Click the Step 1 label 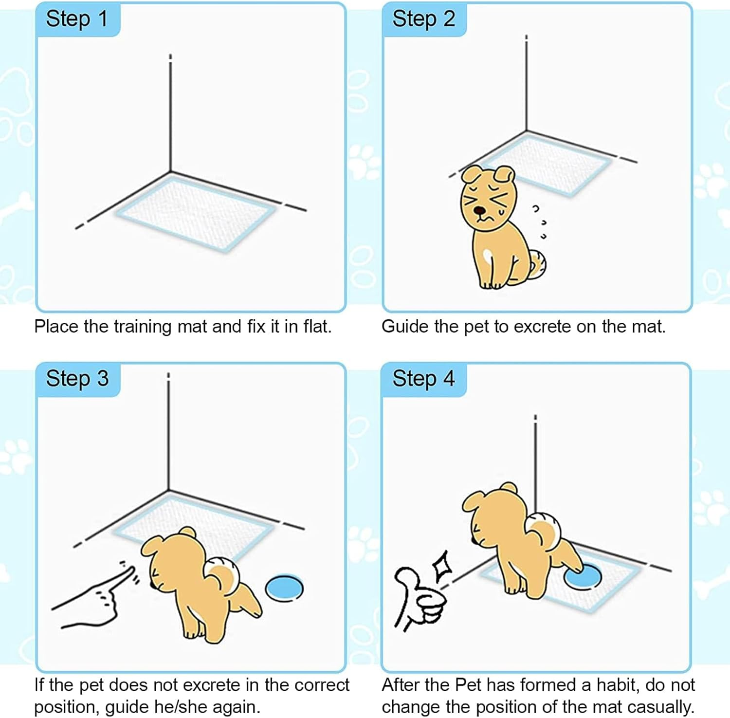point(76,19)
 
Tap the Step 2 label point(423,19)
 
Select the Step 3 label point(77,379)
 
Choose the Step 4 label point(423,379)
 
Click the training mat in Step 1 point(195,213)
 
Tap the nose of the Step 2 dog point(480,210)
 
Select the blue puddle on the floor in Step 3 point(284,588)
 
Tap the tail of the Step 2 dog point(537,264)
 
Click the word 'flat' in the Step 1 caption point(316,327)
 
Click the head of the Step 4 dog point(492,516)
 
